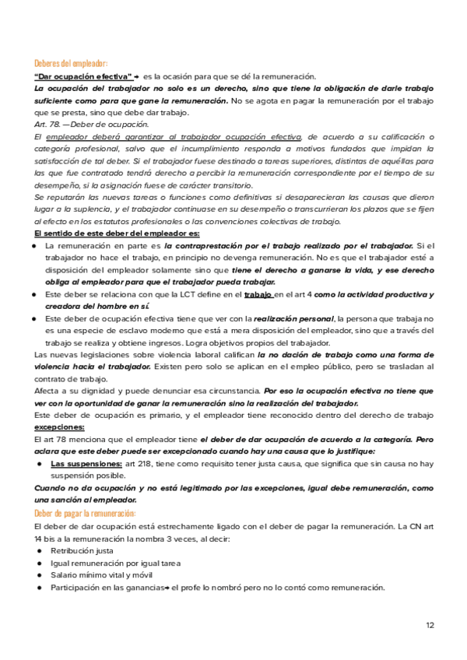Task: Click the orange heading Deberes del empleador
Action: tap(72, 62)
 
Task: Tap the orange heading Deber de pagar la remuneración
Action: tap(86, 514)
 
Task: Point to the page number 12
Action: tap(430, 625)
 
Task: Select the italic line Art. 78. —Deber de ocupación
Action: tap(92, 125)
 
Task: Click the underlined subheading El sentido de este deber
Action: tap(117, 233)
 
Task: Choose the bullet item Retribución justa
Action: tap(82, 550)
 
